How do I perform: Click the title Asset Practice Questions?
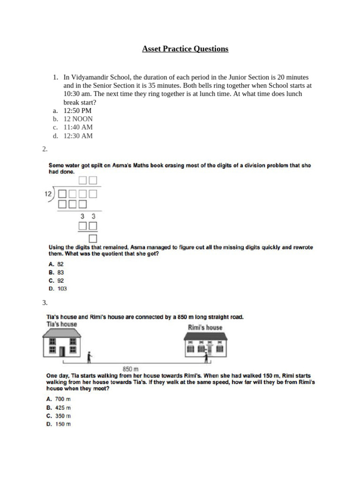(x=185, y=49)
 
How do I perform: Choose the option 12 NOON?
(x=78, y=119)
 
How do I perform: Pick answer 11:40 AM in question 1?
(x=78, y=127)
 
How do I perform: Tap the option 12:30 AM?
(x=78, y=136)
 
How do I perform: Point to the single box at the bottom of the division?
(x=93, y=238)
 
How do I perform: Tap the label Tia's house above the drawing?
(x=61, y=324)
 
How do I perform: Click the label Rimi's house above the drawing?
(x=205, y=327)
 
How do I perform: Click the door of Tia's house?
(x=62, y=351)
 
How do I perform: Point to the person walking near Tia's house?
(x=90, y=357)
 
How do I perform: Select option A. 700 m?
(x=58, y=399)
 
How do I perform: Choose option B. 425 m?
(x=58, y=407)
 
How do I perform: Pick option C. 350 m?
(x=58, y=416)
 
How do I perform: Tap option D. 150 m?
(x=58, y=424)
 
